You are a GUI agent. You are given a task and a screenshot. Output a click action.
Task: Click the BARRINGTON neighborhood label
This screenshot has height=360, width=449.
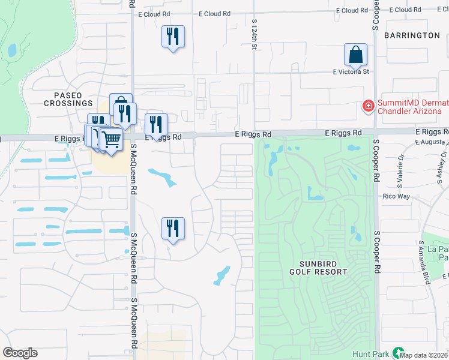coord(412,35)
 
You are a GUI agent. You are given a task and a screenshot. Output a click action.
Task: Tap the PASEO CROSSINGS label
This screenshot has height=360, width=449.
coord(68,99)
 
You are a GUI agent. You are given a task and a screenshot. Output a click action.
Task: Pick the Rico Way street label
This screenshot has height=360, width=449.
coord(396,196)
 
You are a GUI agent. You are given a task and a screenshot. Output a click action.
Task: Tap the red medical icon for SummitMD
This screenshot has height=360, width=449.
coord(367,106)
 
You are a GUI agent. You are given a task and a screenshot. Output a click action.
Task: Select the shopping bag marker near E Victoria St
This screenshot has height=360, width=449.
coord(355,55)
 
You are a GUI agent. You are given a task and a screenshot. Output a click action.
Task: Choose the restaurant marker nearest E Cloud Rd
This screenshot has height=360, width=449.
coord(173,37)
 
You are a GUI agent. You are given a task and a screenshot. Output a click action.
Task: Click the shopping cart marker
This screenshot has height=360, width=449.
coord(111,139)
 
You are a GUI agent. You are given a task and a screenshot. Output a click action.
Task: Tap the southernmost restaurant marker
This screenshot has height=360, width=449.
coord(173,229)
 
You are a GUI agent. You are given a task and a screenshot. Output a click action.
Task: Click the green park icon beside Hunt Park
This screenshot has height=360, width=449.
coord(397,353)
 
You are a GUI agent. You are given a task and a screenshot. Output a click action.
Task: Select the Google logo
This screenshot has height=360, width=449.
coord(20,353)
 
